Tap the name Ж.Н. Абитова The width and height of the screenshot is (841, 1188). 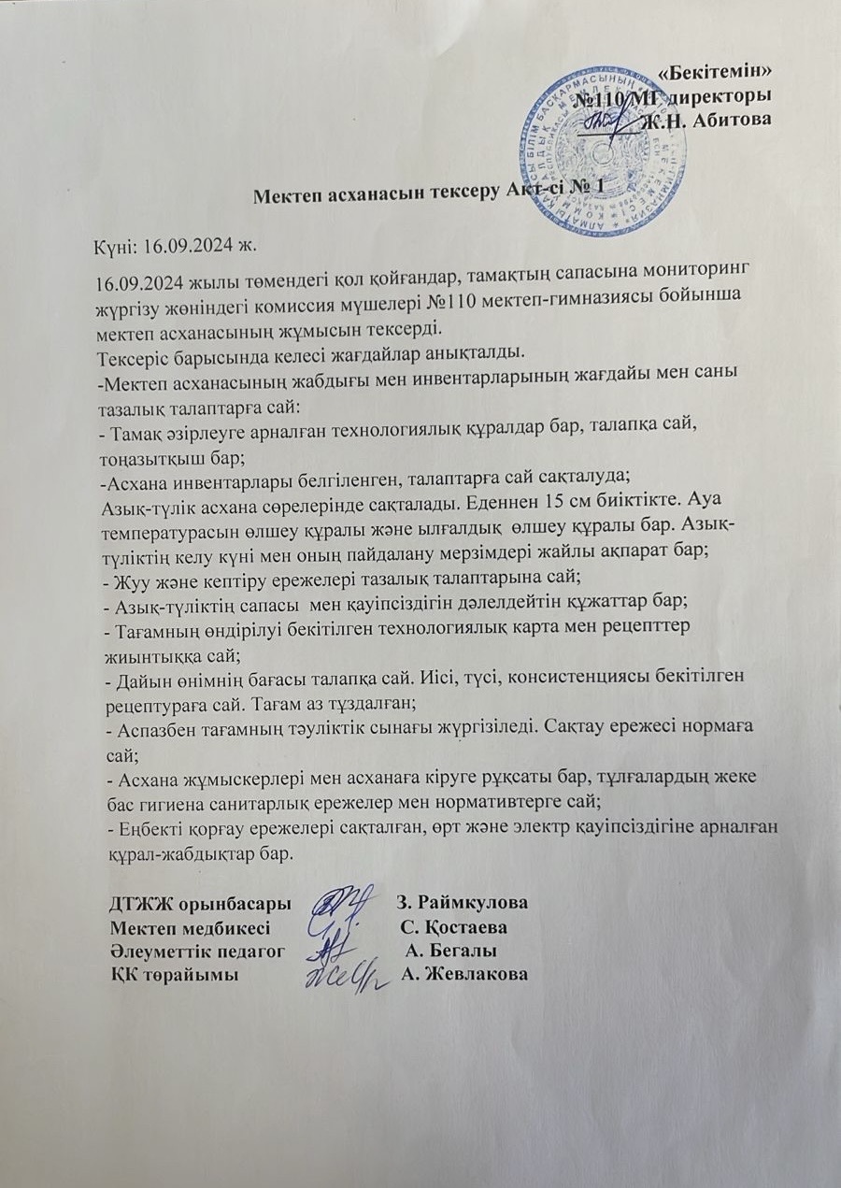click(x=706, y=121)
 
